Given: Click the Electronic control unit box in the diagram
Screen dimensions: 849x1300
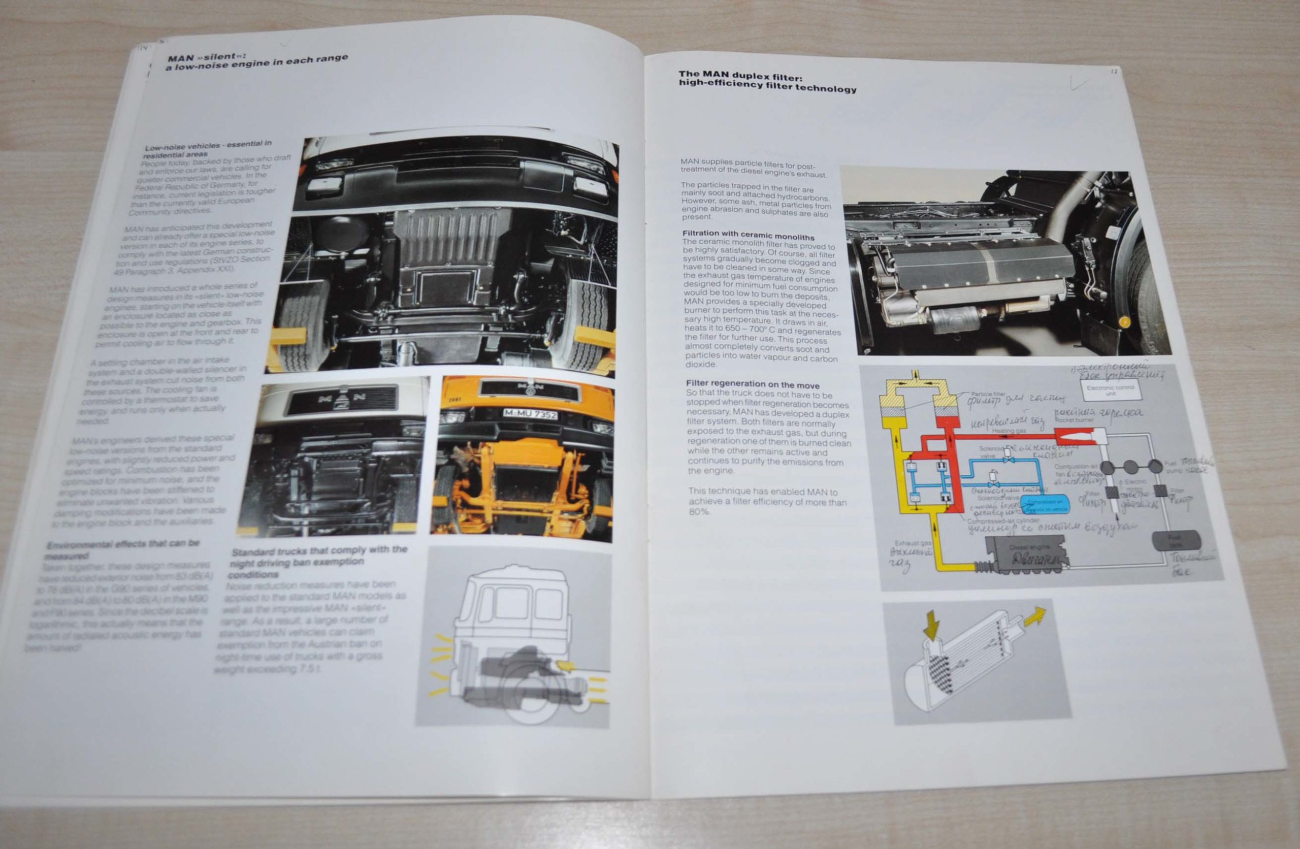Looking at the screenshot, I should point(1110,390).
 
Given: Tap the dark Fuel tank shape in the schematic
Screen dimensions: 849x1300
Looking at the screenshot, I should point(1176,540).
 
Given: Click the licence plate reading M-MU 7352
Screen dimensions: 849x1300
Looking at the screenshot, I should point(530,414).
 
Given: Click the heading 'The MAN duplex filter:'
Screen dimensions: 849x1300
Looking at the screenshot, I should point(740,76).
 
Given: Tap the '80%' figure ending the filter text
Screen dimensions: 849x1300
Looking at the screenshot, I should point(699,511).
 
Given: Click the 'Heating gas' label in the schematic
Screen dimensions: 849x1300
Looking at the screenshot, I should point(1009,431).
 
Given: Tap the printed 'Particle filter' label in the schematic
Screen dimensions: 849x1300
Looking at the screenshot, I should point(988,394).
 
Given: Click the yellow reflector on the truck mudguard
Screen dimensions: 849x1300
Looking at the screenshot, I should point(1124,322).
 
